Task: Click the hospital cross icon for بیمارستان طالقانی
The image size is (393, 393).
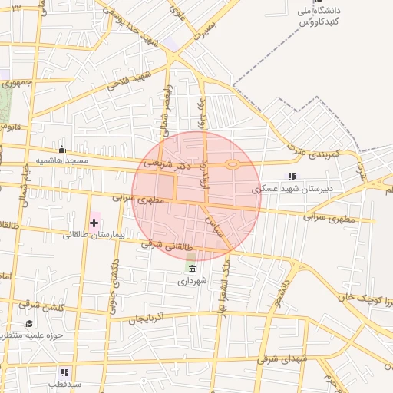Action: (94, 223)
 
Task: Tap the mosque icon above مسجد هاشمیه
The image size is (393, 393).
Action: (61, 149)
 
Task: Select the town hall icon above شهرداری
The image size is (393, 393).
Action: (190, 269)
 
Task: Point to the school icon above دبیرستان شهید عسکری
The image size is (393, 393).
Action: (291, 176)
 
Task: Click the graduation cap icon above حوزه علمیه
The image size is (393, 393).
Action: (29, 324)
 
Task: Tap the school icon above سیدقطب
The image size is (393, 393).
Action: (64, 372)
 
